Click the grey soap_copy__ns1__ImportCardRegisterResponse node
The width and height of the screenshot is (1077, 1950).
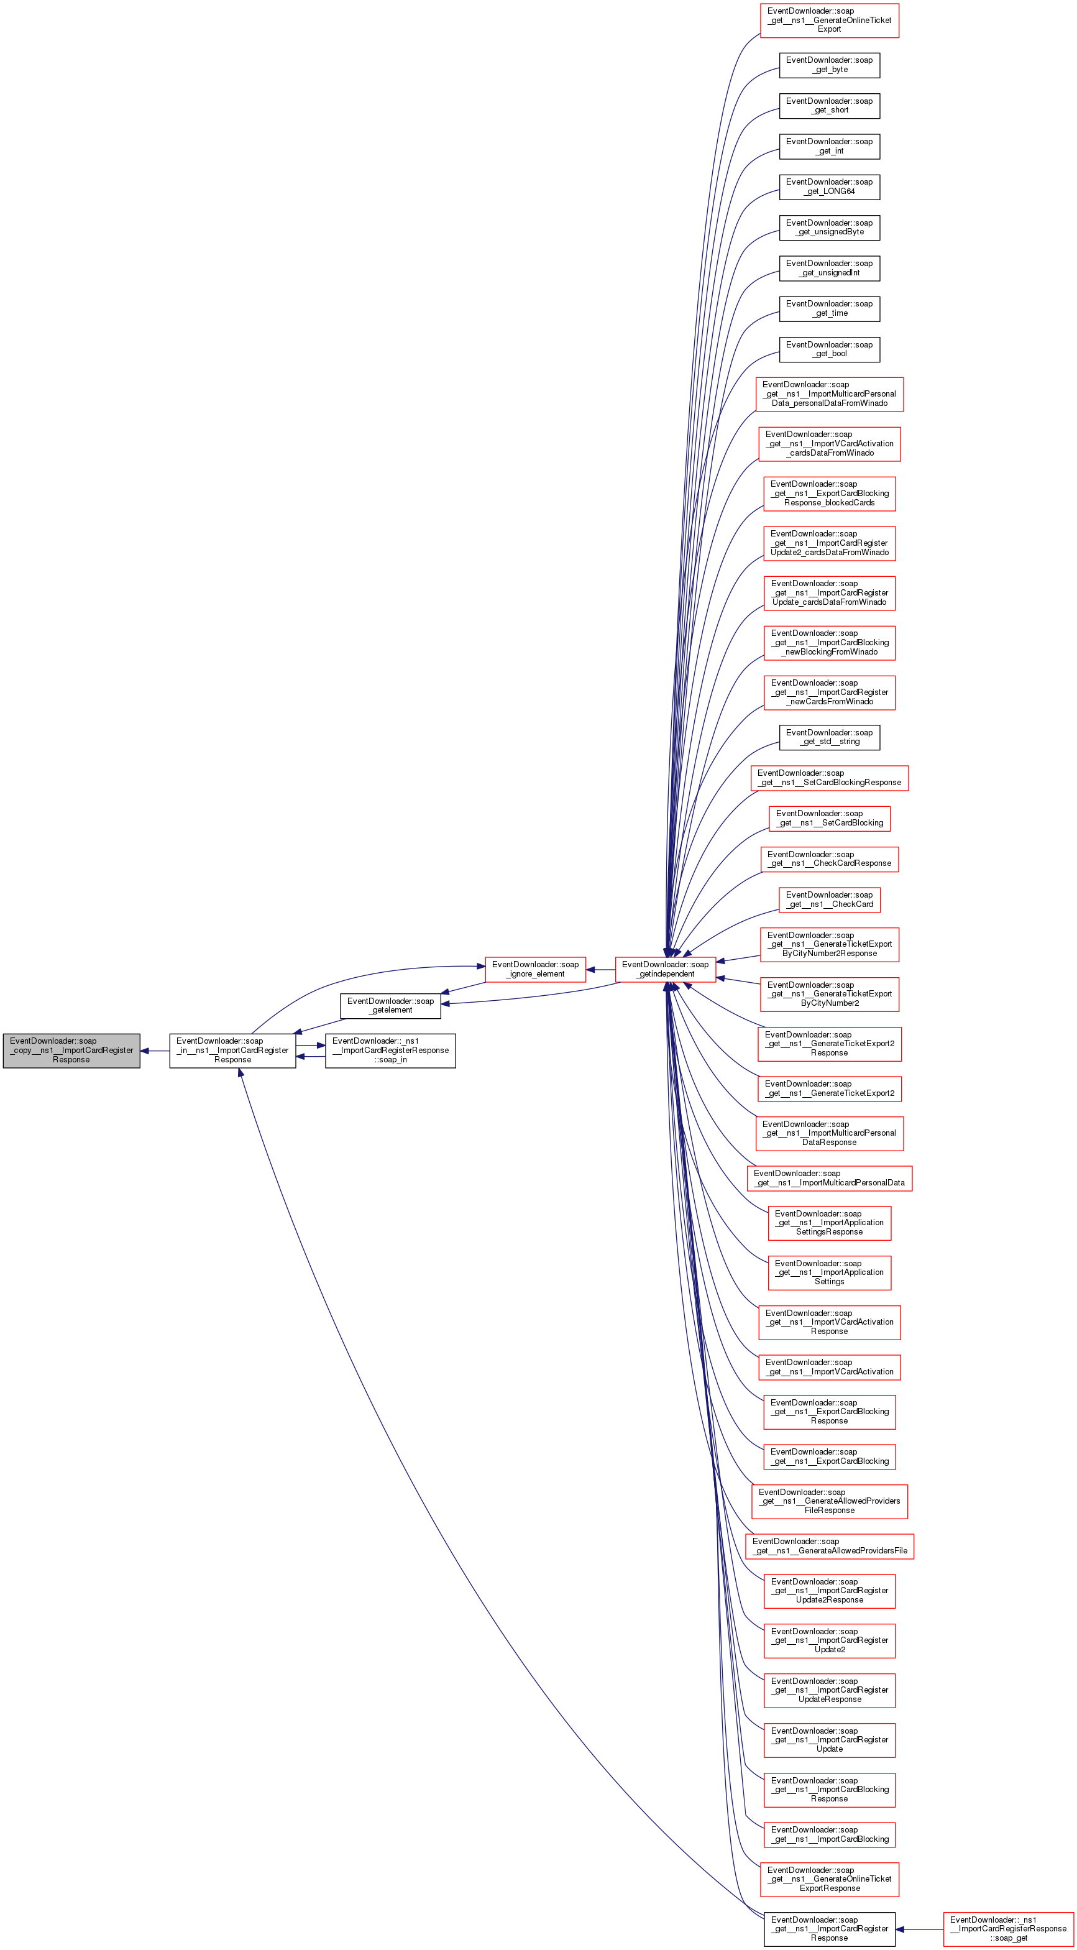(71, 1050)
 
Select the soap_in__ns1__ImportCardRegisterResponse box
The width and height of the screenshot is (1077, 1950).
(232, 1050)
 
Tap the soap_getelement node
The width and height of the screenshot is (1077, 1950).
(390, 1005)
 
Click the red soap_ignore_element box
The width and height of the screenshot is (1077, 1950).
(535, 969)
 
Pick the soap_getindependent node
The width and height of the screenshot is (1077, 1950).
(665, 969)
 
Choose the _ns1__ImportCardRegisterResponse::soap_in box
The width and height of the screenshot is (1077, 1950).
(390, 1050)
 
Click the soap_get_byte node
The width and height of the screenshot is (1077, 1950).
(830, 65)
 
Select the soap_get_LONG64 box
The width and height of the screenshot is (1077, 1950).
(830, 187)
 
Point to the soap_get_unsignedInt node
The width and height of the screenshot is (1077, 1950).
(830, 268)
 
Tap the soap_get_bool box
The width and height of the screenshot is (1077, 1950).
(830, 349)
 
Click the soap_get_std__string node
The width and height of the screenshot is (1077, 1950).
(830, 737)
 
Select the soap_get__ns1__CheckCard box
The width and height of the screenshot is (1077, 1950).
(830, 899)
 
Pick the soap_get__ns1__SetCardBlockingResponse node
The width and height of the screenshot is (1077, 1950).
(830, 778)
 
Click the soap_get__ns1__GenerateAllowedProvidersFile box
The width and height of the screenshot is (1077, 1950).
(830, 1546)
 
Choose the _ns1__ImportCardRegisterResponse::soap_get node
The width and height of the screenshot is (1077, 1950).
(1009, 1929)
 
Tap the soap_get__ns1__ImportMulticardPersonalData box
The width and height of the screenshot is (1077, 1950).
(830, 1178)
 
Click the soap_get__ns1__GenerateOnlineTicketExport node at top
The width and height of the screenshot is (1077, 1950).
(830, 21)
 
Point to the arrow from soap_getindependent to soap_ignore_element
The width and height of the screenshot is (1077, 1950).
(600, 969)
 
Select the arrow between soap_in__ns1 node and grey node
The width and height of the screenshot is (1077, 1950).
(155, 1051)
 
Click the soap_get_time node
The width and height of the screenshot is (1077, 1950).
(830, 309)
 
